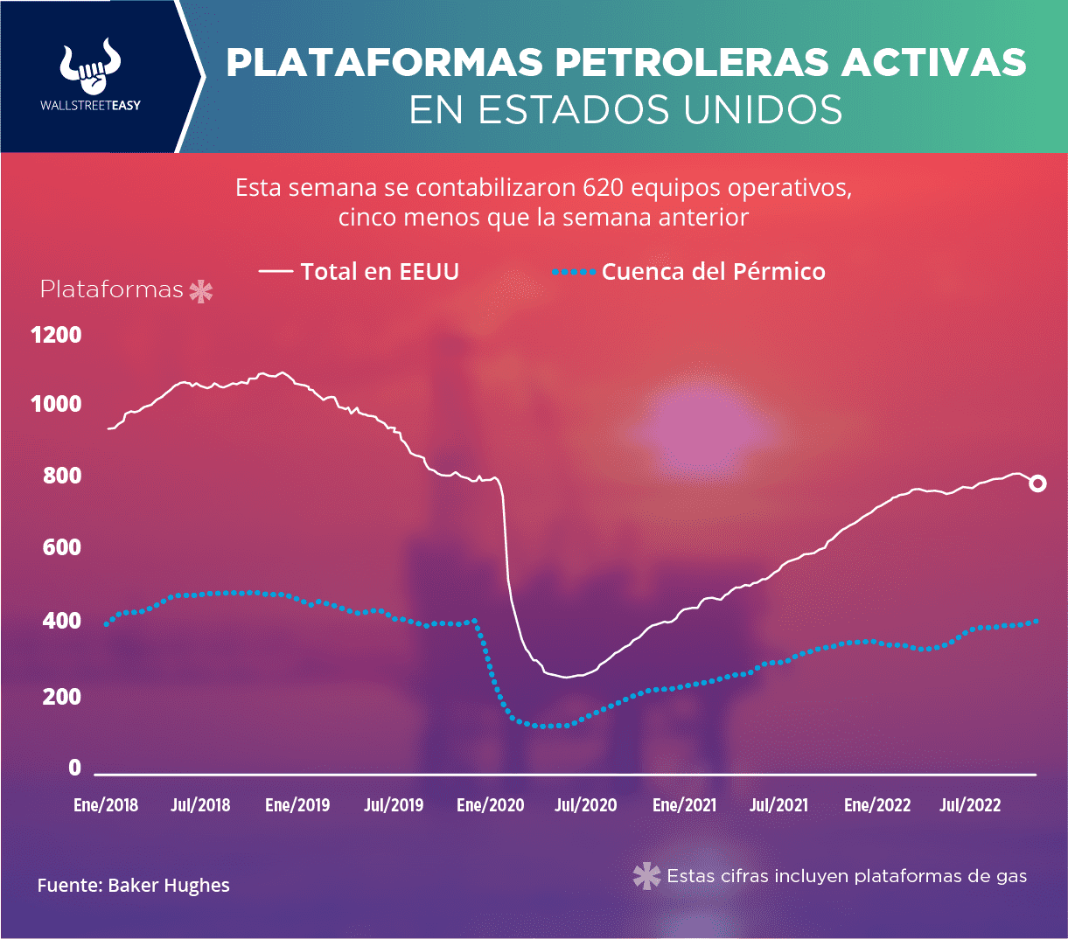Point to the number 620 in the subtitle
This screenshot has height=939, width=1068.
(x=603, y=188)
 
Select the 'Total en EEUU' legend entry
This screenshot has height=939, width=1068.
(x=359, y=271)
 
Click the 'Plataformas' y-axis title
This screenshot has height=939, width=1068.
(x=112, y=289)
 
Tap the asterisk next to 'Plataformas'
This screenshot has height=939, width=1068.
(x=201, y=291)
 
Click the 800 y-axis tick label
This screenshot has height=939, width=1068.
(x=62, y=476)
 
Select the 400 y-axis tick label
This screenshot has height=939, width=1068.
(x=62, y=621)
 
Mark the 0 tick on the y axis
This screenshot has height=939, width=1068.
(x=74, y=767)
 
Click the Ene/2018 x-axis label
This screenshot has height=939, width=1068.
(x=106, y=804)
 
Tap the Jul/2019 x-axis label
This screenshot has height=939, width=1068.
(x=394, y=804)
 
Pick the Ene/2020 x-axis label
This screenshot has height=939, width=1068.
(x=491, y=804)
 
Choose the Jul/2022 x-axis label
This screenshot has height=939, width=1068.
(x=970, y=804)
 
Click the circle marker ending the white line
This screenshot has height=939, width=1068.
(x=1037, y=483)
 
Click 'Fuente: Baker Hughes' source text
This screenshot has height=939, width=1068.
(x=133, y=886)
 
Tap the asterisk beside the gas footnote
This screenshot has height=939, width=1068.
(x=646, y=876)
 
